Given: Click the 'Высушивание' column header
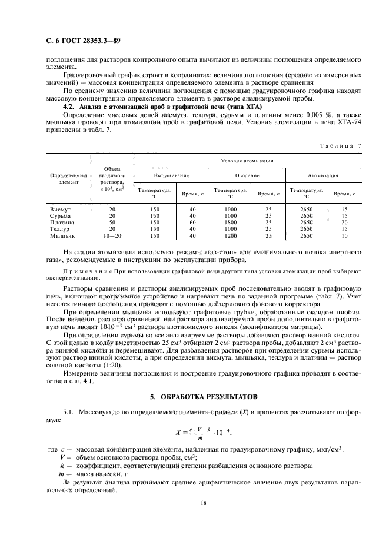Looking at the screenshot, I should click(171, 175).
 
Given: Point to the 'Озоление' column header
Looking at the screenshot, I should click(247, 175).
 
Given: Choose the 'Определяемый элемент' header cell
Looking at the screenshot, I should click(68, 179).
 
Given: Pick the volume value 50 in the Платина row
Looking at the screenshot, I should click(112, 223).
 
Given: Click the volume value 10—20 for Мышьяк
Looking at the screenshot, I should click(112, 235).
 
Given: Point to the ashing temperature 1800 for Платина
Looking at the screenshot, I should click(230, 223).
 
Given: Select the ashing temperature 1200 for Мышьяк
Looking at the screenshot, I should click(230, 235).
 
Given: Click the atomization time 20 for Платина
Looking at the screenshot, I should click(344, 223).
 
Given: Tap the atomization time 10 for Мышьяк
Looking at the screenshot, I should click(344, 235).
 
